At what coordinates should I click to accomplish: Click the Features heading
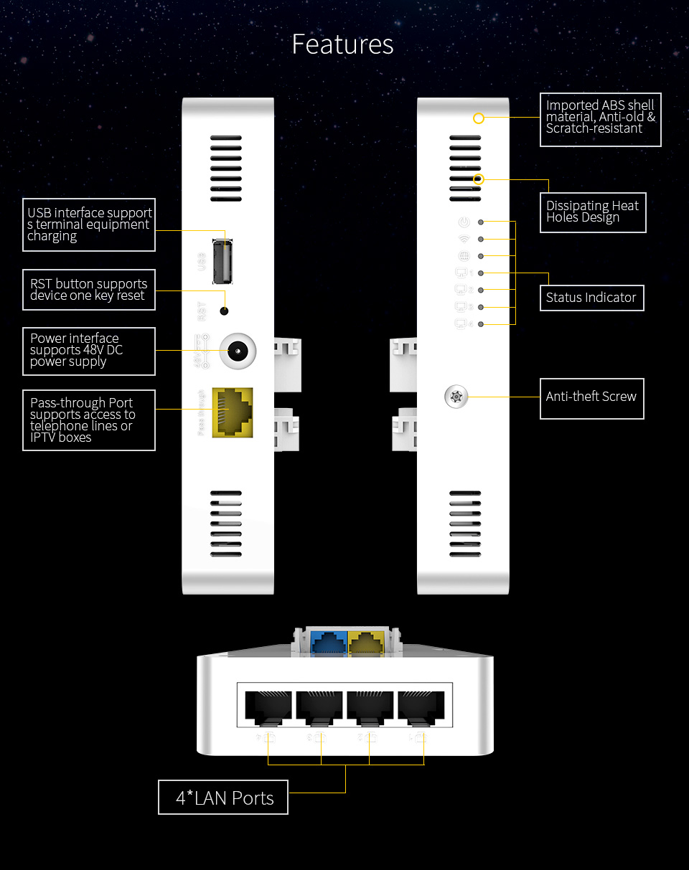[x=342, y=44]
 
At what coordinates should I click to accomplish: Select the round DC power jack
[x=237, y=351]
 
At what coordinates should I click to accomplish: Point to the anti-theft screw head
[x=456, y=396]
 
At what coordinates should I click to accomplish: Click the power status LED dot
[x=480, y=222]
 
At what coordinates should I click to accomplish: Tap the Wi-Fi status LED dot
[x=480, y=239]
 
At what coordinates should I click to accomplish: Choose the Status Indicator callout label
[x=591, y=298]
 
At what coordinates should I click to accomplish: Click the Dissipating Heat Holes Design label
[x=593, y=212]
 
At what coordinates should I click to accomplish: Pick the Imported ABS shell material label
[x=600, y=118]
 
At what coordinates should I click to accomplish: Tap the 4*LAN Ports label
[x=223, y=798]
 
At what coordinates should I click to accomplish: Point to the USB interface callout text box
[x=89, y=224]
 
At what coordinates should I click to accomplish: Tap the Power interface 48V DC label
[x=89, y=351]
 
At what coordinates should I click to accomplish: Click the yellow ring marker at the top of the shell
[x=479, y=118]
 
